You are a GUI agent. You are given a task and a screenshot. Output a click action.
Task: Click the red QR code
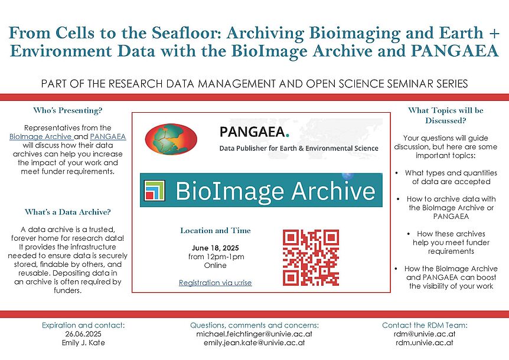click(x=311, y=258)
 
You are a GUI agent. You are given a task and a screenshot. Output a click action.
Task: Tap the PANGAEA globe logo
click(x=171, y=139)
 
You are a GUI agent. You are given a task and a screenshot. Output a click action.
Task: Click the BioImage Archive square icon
click(x=155, y=190)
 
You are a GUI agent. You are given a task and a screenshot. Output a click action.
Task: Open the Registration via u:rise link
click(x=215, y=283)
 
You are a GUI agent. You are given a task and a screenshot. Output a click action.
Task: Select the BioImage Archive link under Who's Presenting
click(x=41, y=136)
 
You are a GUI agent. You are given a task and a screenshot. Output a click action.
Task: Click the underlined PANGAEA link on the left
click(x=108, y=136)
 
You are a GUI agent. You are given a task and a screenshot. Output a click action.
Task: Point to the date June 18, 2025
click(x=215, y=248)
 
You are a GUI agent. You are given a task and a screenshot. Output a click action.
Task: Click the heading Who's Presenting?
click(x=67, y=110)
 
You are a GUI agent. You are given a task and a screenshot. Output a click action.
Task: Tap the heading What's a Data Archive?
click(x=67, y=212)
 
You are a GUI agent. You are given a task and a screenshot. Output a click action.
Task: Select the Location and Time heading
click(x=216, y=231)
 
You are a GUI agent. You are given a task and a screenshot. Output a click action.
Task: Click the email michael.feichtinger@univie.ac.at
click(x=254, y=333)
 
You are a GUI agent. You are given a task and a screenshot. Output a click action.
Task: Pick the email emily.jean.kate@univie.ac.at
click(x=254, y=342)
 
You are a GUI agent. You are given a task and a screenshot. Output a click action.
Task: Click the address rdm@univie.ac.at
click(x=425, y=333)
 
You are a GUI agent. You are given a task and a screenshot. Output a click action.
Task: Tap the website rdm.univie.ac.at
click(x=425, y=342)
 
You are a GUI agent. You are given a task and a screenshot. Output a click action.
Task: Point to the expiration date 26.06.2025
click(x=83, y=333)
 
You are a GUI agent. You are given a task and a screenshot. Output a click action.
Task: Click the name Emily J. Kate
click(x=83, y=342)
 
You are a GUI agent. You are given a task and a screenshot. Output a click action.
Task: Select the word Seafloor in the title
click(x=187, y=33)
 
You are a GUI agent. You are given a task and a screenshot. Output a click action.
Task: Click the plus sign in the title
click(x=494, y=34)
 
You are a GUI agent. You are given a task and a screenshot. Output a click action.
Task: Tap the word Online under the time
click(x=215, y=266)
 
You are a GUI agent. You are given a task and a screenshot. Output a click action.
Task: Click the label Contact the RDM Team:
click(x=425, y=325)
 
